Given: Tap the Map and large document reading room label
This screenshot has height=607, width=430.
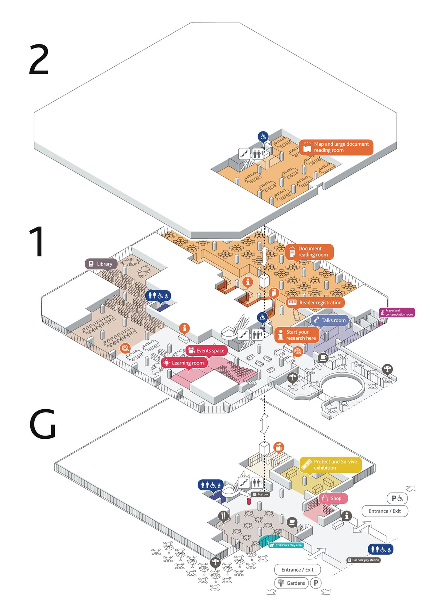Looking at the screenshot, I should click(336, 147).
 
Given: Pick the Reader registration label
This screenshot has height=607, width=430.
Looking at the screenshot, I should click(315, 302).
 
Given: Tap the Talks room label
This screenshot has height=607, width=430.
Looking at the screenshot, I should click(329, 320).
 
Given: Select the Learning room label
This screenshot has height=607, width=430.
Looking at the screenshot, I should click(184, 363).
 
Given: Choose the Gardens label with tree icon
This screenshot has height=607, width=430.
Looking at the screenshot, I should click(291, 583).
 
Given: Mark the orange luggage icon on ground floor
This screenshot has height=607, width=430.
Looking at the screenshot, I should click(279, 448).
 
